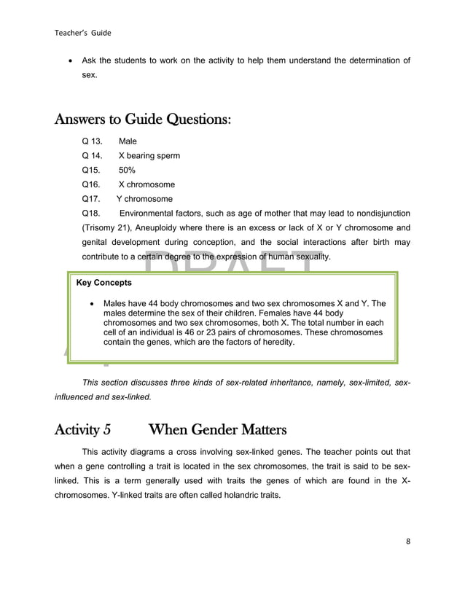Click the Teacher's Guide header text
pos(82,32)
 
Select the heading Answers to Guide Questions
pos(144,118)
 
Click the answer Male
pos(128,141)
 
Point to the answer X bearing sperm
pos(149,156)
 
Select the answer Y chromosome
pos(144,199)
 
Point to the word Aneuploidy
pos(163,228)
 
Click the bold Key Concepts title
pos(104,283)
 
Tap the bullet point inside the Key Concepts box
pos(91,304)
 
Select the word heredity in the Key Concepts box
pos(274,342)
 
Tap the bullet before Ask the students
pos(69,61)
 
